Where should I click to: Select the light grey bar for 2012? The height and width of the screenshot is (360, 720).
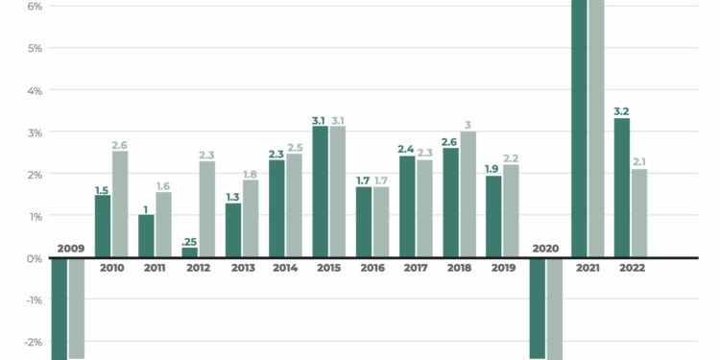(x=207, y=209)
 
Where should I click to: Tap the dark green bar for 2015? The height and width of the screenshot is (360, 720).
(x=321, y=192)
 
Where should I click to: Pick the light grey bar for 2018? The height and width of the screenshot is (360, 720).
(x=468, y=195)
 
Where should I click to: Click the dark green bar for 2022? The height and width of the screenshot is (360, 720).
(x=622, y=188)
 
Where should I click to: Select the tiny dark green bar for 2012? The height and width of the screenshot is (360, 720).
(x=190, y=252)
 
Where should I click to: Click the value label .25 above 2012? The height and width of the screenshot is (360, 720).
(x=189, y=241)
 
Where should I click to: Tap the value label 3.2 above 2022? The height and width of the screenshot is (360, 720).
(x=622, y=111)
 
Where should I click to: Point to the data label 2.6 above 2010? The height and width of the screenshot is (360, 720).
(x=120, y=145)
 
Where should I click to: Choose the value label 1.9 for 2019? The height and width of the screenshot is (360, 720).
(x=493, y=169)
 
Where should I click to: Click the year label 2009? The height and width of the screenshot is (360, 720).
(x=70, y=249)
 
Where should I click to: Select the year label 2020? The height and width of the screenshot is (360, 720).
(x=544, y=249)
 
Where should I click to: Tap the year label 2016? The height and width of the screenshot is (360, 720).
(x=372, y=268)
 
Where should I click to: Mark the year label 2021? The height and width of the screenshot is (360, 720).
(x=588, y=268)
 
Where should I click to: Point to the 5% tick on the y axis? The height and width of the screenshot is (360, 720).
(x=34, y=48)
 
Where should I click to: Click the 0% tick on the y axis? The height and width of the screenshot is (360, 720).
(x=34, y=258)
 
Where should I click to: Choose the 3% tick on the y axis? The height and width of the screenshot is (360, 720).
(x=34, y=132)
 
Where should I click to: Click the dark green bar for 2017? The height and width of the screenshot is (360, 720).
(x=407, y=206)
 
